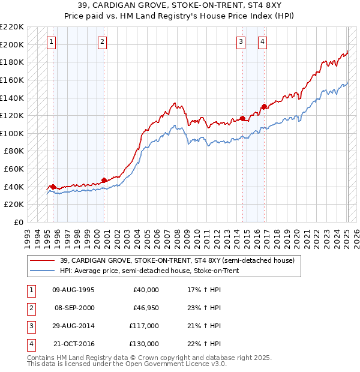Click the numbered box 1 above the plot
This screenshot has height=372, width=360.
52,41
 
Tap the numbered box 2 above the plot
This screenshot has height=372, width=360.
103,41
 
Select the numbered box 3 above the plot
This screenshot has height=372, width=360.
241,41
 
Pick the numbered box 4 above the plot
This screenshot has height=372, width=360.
263,41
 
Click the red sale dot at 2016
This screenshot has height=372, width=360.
263,107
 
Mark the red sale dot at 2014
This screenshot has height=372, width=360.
242,118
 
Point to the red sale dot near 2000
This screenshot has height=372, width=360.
104,180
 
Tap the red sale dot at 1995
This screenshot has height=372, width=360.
53,187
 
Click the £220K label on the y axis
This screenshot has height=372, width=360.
12,27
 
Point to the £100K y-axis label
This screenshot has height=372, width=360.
12,133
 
